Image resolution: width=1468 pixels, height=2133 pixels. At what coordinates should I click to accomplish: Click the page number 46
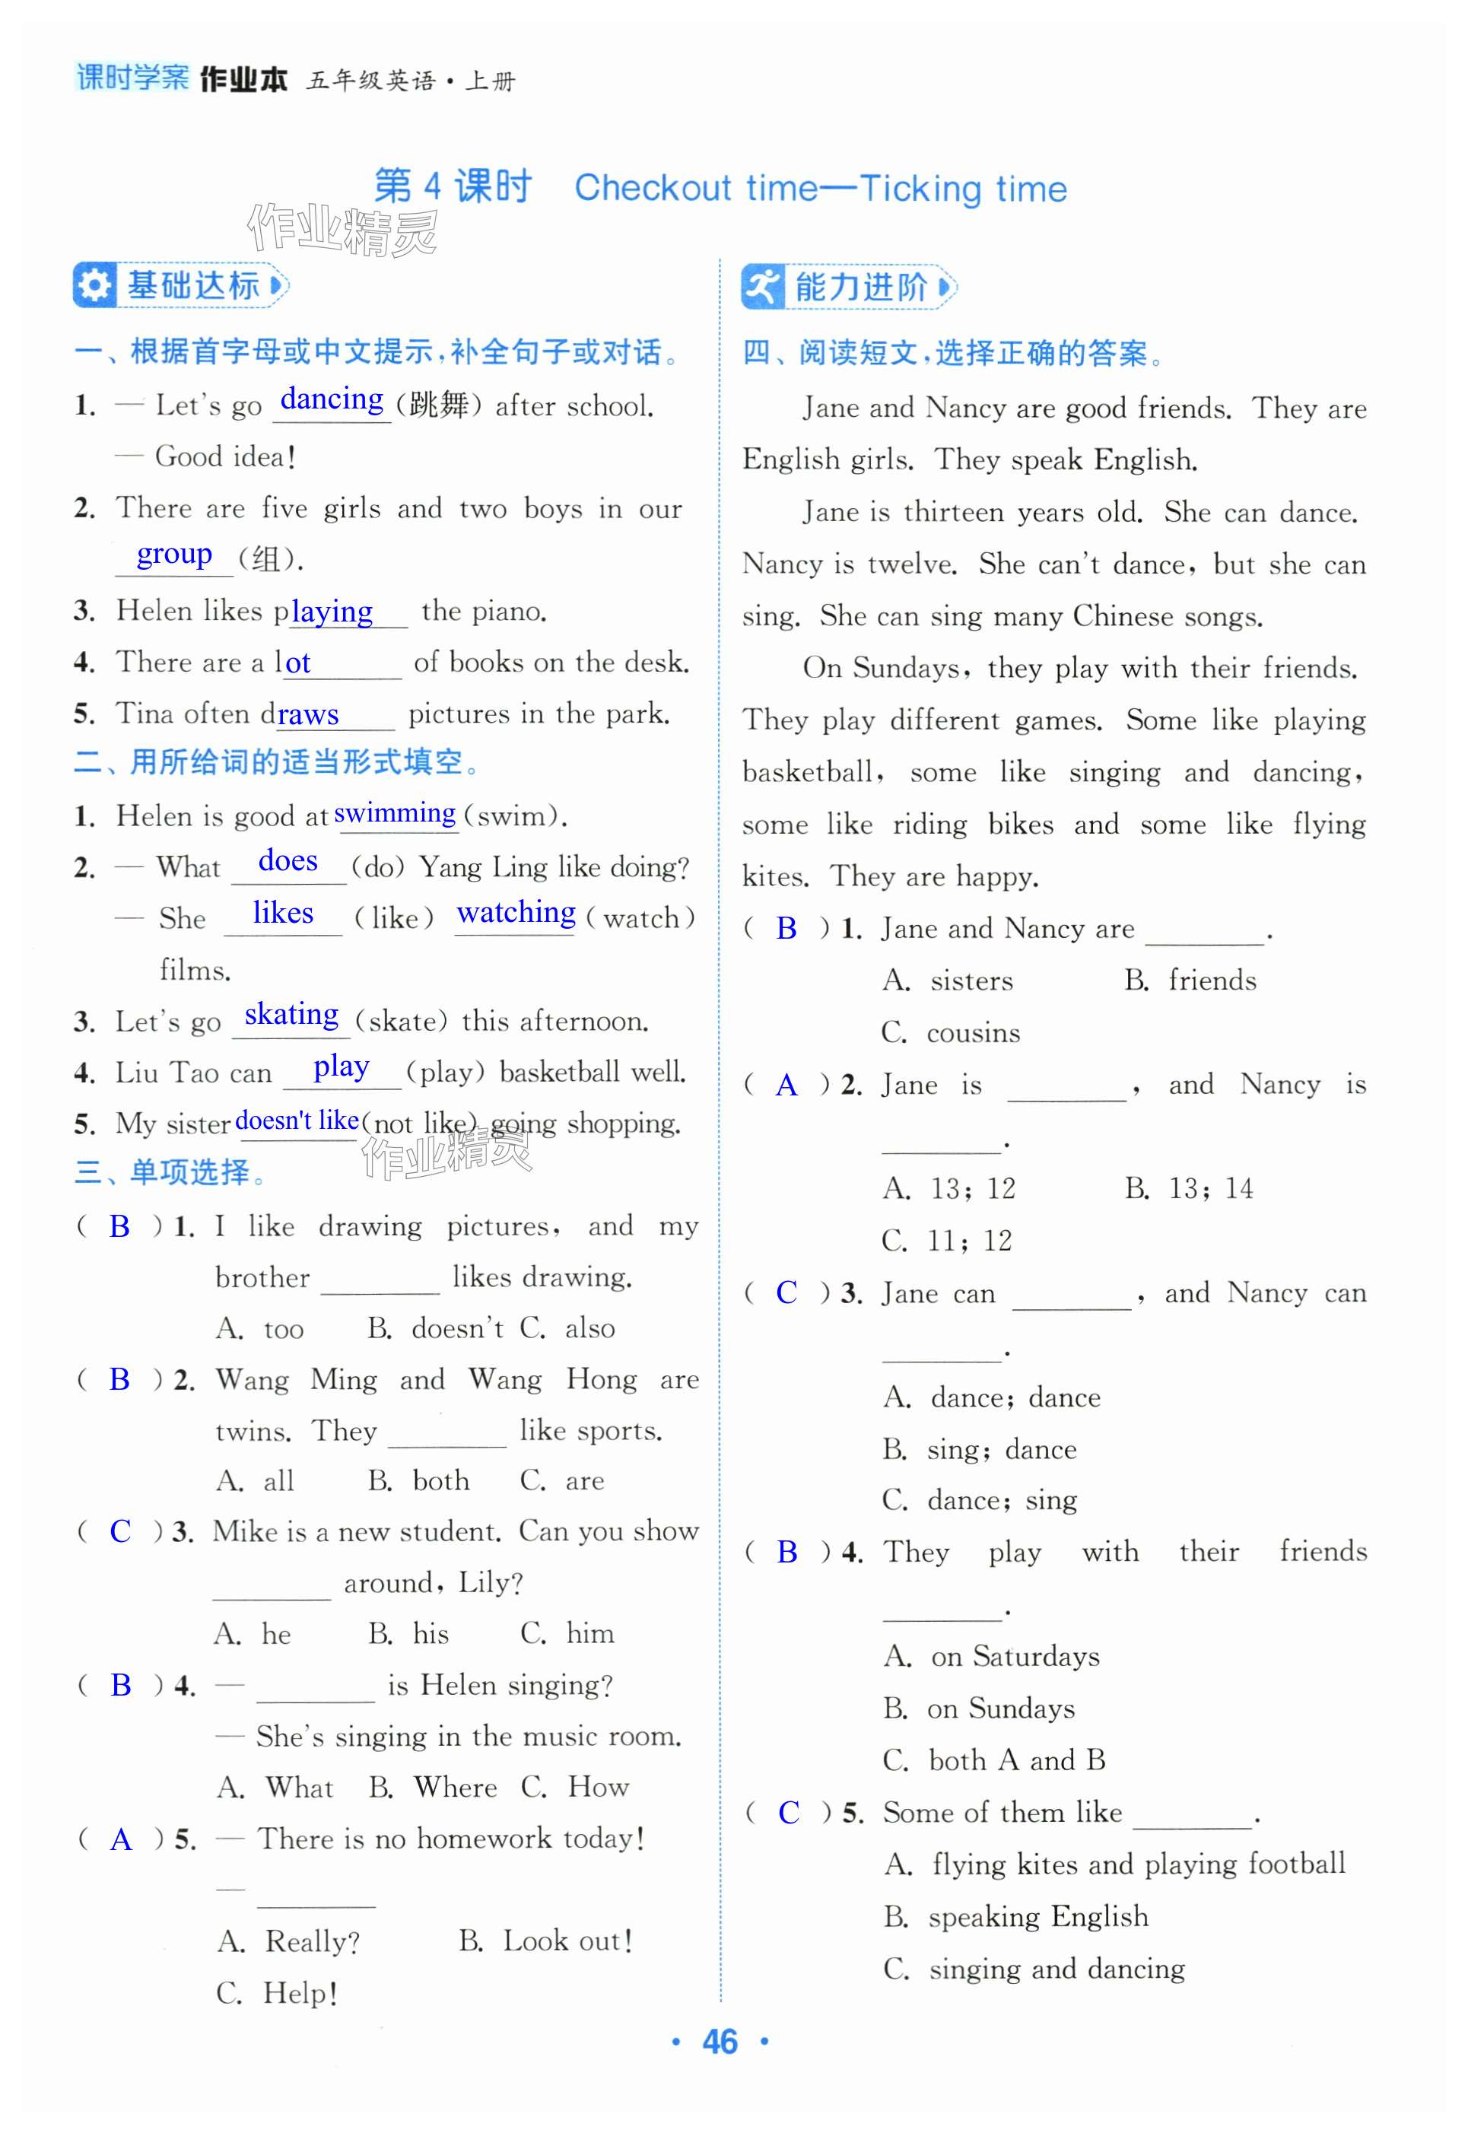[720, 2042]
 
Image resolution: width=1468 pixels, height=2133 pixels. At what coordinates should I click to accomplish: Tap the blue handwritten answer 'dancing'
[332, 399]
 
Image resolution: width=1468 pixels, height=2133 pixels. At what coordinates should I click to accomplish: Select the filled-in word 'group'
[174, 554]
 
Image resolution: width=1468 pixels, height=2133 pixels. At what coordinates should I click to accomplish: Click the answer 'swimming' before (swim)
[395, 813]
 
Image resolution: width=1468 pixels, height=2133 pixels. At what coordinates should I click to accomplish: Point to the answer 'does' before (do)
[288, 861]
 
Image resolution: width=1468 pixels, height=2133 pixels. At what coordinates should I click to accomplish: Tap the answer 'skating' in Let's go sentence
[291, 1015]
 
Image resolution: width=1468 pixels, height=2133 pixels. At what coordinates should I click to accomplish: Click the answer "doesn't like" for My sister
[297, 1121]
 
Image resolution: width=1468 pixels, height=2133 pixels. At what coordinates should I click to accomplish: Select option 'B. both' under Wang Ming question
[418, 1480]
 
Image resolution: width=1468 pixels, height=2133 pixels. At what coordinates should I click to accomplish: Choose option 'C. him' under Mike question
[567, 1632]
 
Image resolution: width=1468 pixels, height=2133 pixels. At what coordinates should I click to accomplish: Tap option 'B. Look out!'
[545, 1941]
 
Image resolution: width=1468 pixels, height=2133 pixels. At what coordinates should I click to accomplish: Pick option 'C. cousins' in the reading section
[950, 1032]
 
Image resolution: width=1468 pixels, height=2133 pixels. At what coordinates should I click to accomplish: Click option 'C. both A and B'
[993, 1759]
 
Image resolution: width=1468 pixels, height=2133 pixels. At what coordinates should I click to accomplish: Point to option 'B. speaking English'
[1015, 1916]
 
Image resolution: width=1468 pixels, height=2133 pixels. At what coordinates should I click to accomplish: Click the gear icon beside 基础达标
[94, 285]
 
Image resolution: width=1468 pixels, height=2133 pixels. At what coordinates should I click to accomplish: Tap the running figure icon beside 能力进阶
[762, 287]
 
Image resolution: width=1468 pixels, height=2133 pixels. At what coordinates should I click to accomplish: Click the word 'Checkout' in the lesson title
[653, 189]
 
